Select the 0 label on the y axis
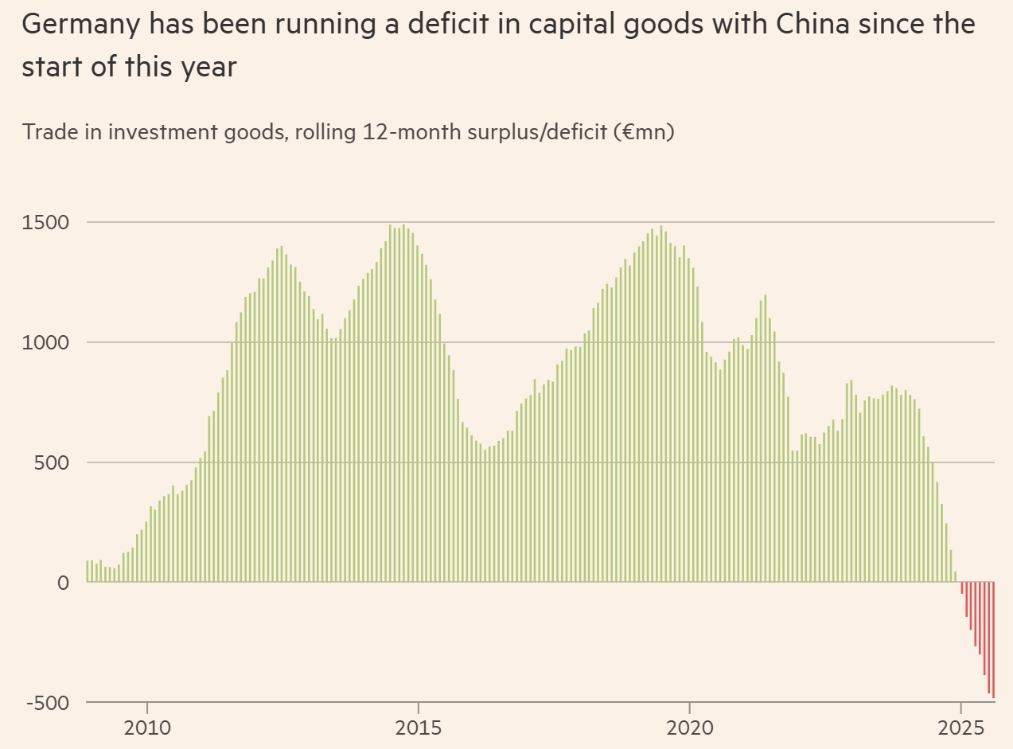pos(63,583)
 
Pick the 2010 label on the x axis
pos(147,728)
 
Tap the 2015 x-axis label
pos(419,728)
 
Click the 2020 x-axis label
pos(689,728)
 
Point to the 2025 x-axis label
pos(960,728)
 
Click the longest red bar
pos(993,640)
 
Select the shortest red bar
pos(961,588)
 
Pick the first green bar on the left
pos(88,572)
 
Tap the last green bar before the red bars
pos(955,577)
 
